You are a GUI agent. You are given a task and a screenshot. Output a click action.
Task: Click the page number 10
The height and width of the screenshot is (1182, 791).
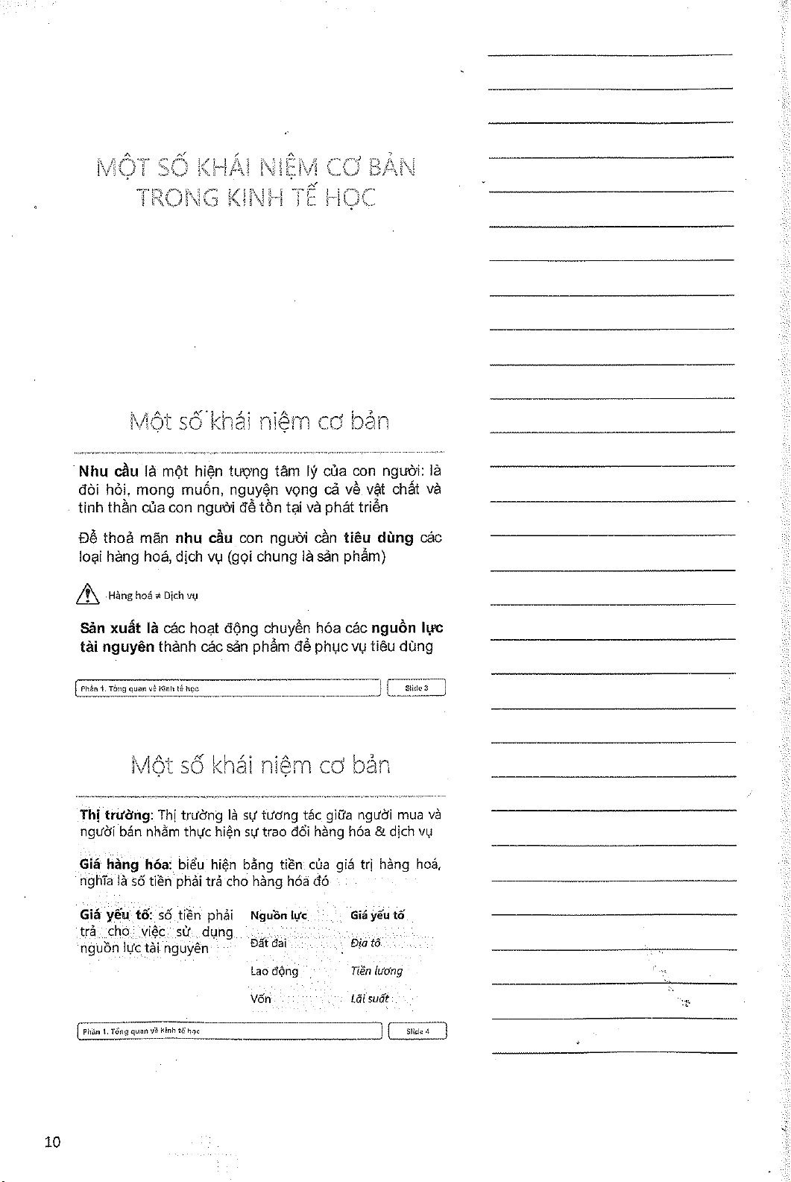click(x=52, y=1142)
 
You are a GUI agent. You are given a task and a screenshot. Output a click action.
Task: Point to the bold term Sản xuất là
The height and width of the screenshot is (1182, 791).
click(x=118, y=628)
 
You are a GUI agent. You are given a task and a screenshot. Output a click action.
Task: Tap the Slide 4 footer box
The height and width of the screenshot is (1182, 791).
click(x=417, y=1032)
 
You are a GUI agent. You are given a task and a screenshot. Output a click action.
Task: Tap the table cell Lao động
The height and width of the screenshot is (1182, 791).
click(x=274, y=971)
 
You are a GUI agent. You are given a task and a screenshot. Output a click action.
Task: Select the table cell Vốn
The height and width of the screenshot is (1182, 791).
click(x=261, y=999)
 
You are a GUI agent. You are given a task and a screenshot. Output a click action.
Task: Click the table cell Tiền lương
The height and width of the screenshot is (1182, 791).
click(x=376, y=971)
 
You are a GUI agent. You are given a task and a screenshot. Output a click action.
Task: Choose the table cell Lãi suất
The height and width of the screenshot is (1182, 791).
click(x=370, y=999)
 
